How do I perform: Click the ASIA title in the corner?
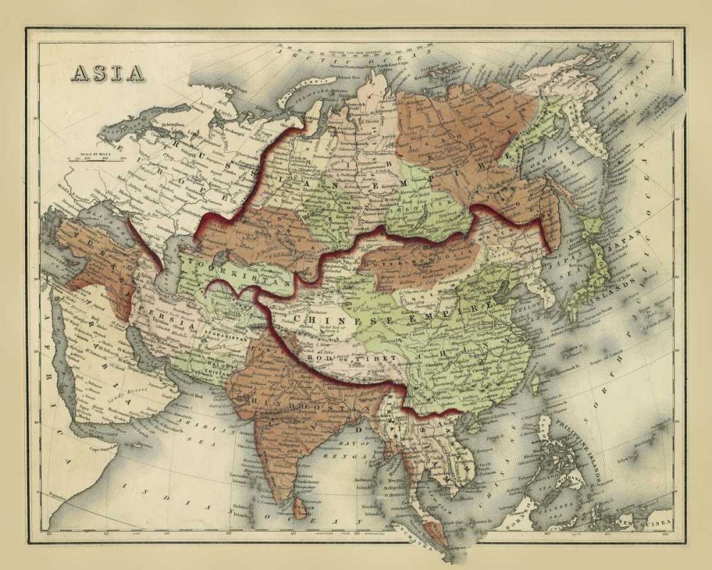tap(106, 73)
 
